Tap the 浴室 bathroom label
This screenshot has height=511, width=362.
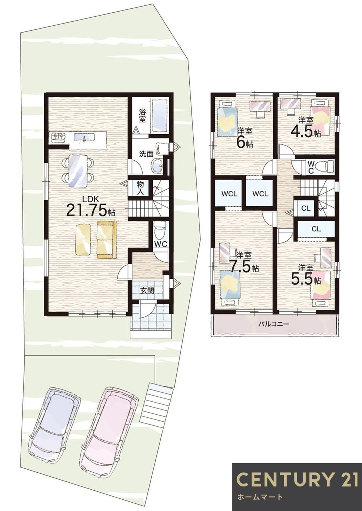click(142, 115)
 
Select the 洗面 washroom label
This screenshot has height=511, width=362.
click(146, 154)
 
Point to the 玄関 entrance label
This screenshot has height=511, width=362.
click(147, 291)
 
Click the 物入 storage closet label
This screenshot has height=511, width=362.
click(140, 188)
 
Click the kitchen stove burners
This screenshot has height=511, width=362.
click(59, 137)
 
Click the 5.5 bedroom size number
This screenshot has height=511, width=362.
click(301, 279)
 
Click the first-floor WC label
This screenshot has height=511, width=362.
click(161, 244)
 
